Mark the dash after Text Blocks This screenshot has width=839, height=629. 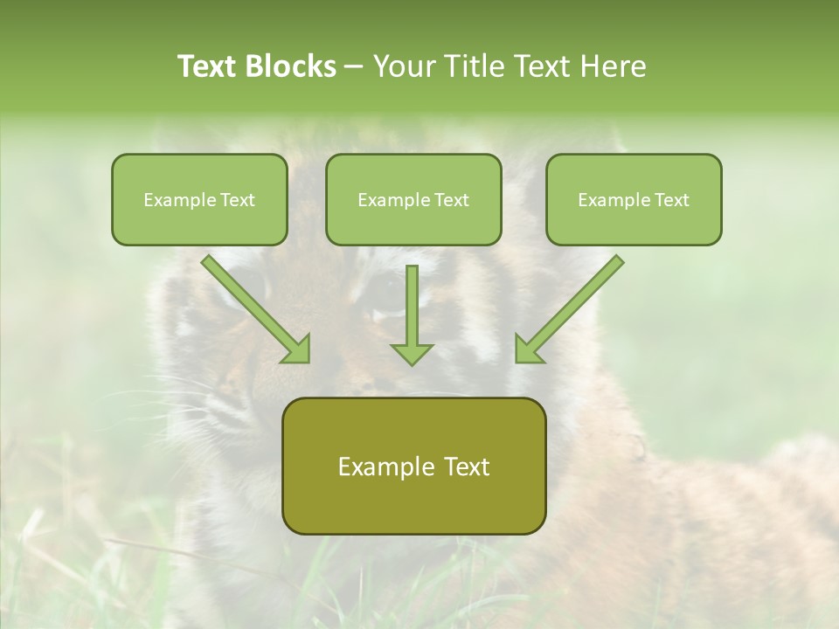pyautogui.click(x=354, y=67)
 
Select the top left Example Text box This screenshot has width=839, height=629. pyautogui.click(x=199, y=199)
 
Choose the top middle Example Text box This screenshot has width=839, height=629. pyautogui.click(x=413, y=199)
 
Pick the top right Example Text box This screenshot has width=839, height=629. pyautogui.click(x=634, y=199)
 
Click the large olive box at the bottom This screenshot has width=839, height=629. pyautogui.click(x=413, y=466)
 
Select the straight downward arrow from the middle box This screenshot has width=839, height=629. pyautogui.click(x=412, y=314)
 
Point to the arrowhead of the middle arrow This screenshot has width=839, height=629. pyautogui.click(x=412, y=353)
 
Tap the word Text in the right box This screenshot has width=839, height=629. pyautogui.click(x=671, y=200)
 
